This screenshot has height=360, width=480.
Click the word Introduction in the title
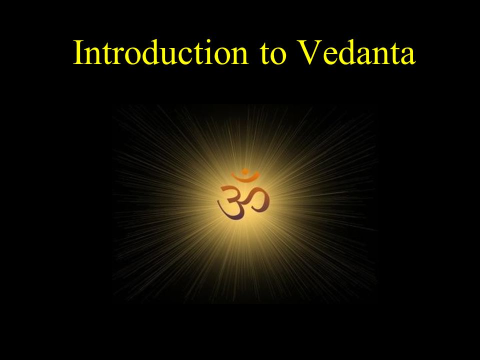[x=160, y=52]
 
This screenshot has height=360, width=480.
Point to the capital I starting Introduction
[x=78, y=52]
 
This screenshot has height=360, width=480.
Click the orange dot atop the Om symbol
[x=244, y=171]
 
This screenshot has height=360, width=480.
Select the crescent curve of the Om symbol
[x=245, y=177]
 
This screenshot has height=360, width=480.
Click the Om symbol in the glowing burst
[x=243, y=194]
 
